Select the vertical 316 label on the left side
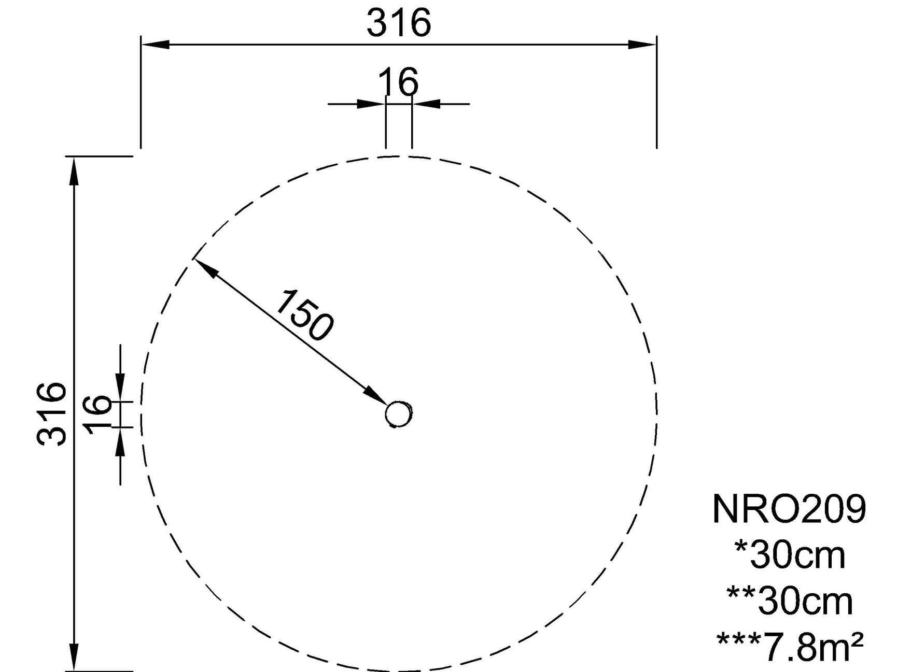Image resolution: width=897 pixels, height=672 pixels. pos(51,414)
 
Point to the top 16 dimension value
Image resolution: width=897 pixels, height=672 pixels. pos(398,82)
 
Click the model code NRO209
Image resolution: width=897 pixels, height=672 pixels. pos(790,508)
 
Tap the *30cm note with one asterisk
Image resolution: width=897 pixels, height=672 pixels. pos(790,554)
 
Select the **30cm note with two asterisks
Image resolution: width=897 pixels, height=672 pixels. pos(790,600)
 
